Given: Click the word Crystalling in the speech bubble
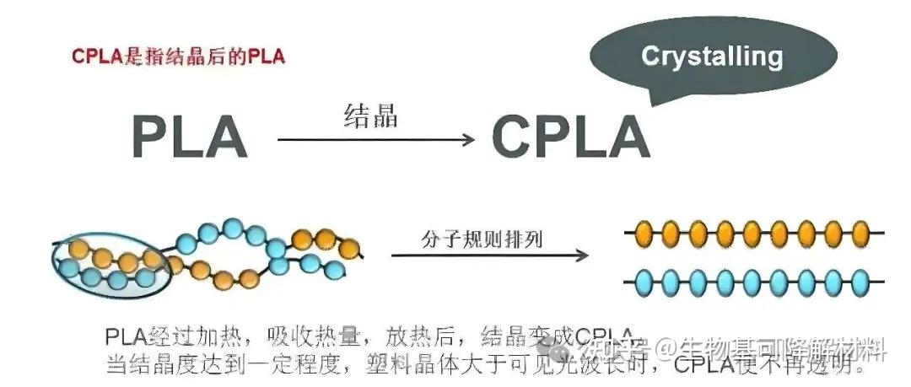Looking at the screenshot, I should point(711,56).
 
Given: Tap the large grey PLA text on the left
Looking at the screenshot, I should point(190,136).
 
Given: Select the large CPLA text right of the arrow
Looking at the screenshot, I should point(571,136).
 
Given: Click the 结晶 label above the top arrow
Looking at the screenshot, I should point(370,116).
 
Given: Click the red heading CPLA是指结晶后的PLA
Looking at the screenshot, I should point(178,56).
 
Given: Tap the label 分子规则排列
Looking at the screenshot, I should point(482,239).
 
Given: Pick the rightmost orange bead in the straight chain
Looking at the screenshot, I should point(860,231).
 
